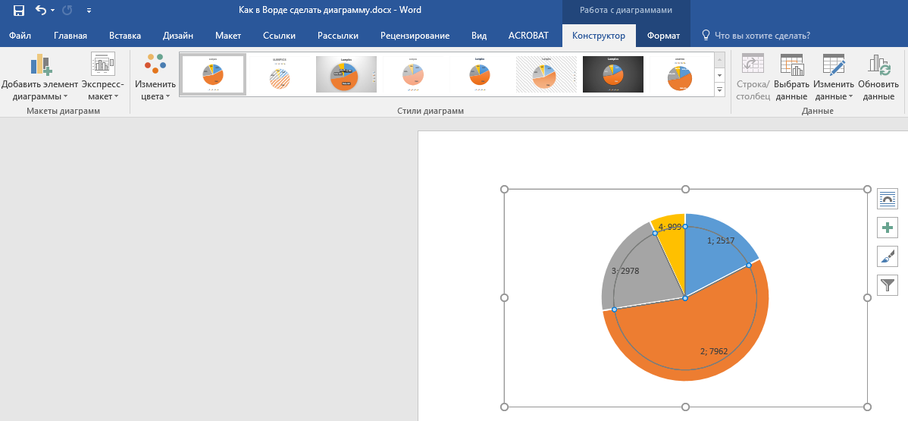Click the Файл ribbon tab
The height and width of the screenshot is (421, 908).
click(20, 36)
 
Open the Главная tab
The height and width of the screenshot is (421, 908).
click(70, 36)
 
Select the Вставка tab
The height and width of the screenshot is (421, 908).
click(125, 36)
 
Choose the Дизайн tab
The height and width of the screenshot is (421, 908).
click(178, 36)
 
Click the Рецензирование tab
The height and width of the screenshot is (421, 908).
click(415, 36)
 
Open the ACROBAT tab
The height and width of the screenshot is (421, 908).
click(529, 36)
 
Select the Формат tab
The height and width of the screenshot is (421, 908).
click(663, 36)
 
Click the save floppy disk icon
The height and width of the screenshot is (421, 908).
click(18, 11)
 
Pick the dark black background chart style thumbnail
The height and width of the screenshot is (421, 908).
click(612, 74)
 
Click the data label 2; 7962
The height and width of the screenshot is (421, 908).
click(714, 351)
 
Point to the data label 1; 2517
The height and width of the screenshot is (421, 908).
click(721, 240)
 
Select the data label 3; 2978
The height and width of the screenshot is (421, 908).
click(625, 271)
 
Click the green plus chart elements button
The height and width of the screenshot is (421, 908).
click(888, 228)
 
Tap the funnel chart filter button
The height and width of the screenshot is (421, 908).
click(888, 285)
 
